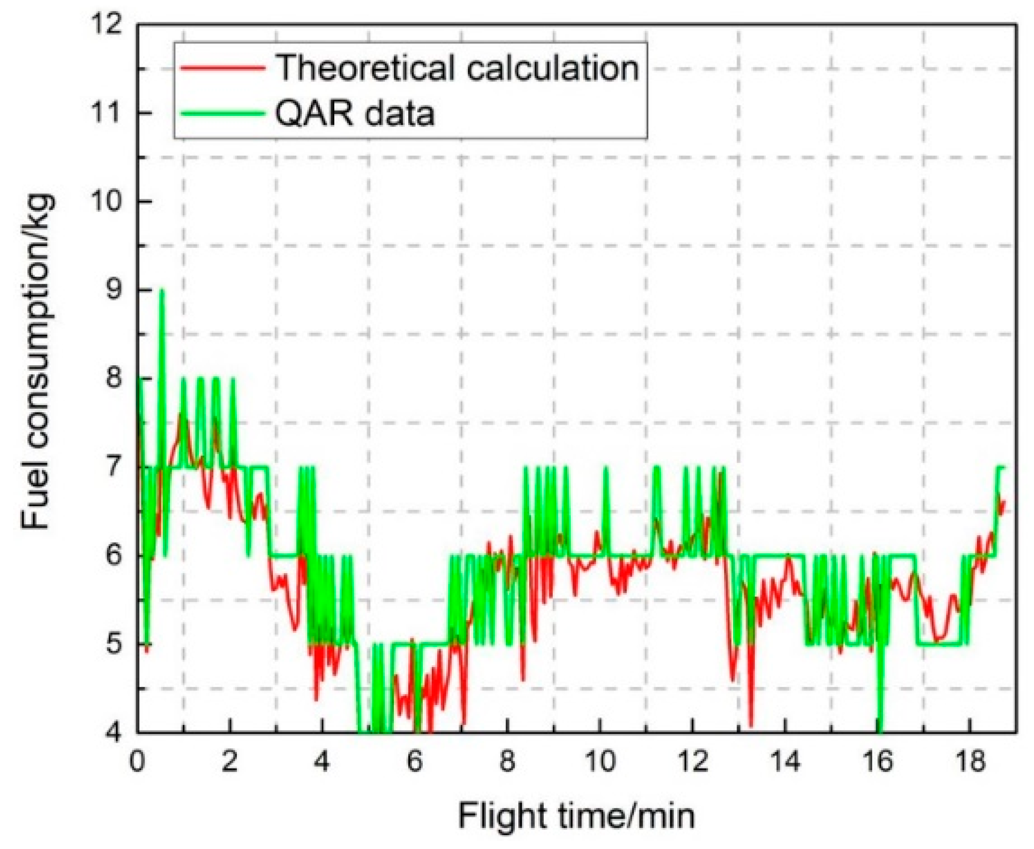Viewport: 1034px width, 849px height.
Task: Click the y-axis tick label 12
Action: pos(106,24)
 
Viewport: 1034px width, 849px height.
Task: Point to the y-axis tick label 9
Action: pos(114,290)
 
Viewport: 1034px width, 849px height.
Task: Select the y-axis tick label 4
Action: pos(114,733)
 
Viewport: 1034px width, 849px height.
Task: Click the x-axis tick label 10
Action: pos(599,762)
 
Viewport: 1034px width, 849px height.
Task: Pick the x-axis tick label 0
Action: pos(137,762)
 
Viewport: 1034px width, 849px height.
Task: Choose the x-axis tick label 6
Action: pos(414,762)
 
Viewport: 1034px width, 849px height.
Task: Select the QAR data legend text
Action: pos(355,113)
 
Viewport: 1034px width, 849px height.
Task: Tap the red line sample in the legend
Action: pos(222,68)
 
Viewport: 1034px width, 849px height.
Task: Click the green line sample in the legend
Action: pos(222,113)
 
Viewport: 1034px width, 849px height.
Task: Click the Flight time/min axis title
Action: pos(576,817)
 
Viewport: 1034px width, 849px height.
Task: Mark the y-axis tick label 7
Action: pos(114,467)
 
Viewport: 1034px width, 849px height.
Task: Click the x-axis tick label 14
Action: pos(784,762)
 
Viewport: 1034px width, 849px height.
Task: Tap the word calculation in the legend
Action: pos(553,68)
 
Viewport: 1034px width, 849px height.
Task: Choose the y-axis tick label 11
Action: pos(106,113)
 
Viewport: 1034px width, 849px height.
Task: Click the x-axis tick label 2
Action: pos(229,762)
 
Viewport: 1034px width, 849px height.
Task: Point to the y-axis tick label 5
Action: pos(114,644)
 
